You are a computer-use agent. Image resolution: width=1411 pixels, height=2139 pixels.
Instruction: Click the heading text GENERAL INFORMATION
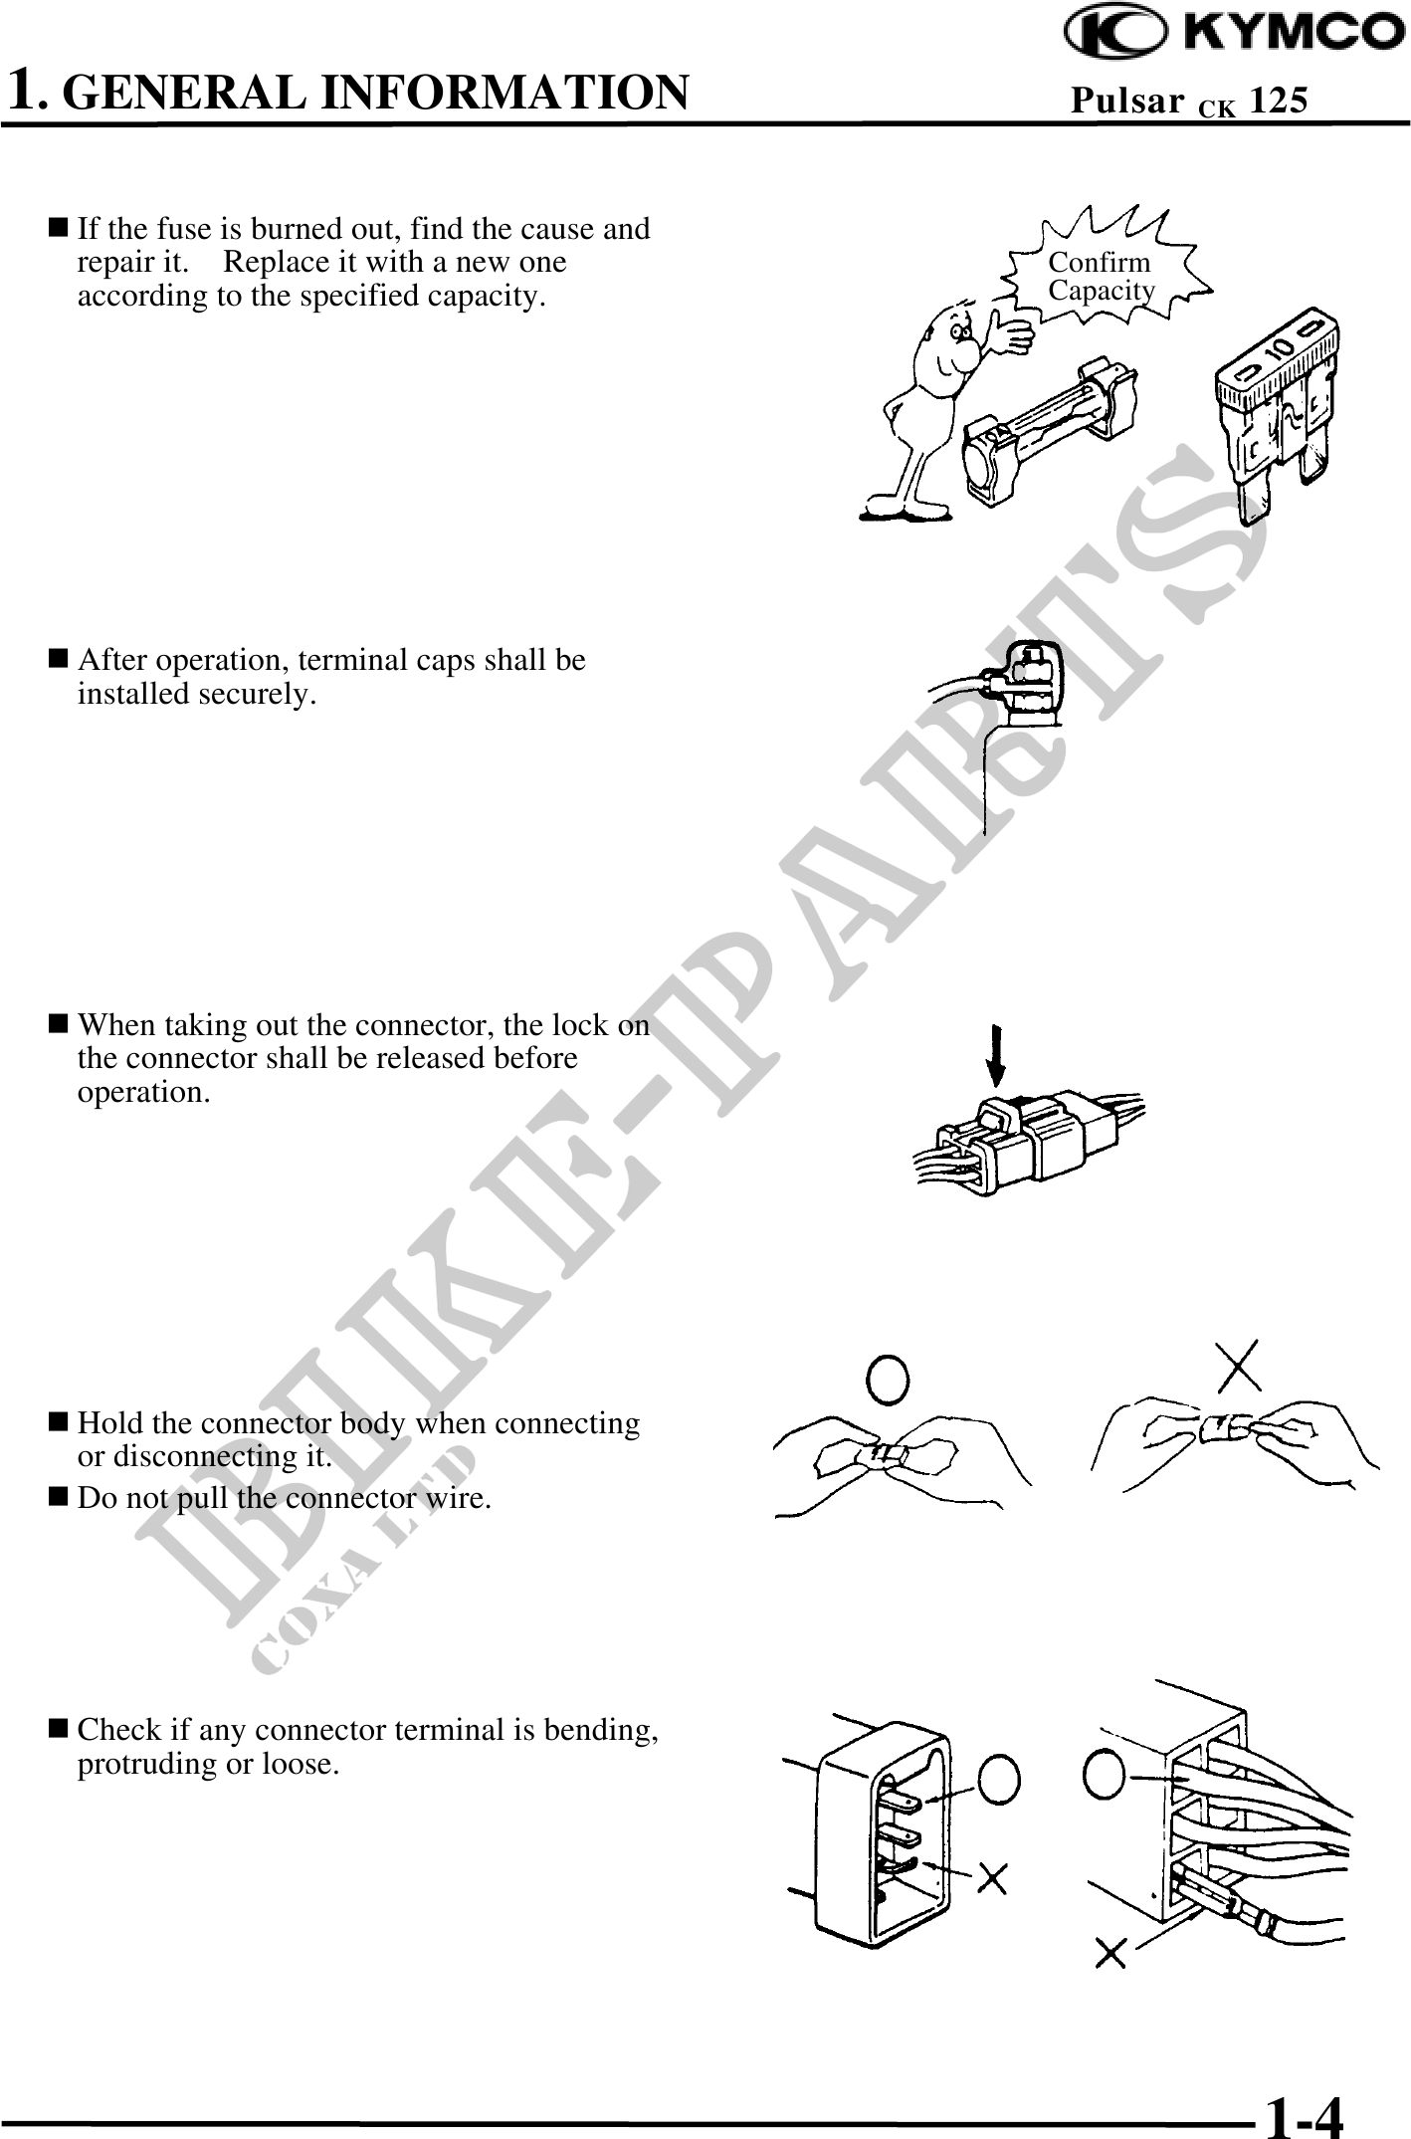point(381,91)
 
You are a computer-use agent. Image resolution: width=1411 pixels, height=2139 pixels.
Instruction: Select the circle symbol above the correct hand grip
point(888,1379)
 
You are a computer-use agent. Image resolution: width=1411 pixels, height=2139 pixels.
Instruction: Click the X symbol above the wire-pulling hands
point(1239,1365)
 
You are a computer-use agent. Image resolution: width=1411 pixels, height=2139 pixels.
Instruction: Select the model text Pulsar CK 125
point(1188,101)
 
